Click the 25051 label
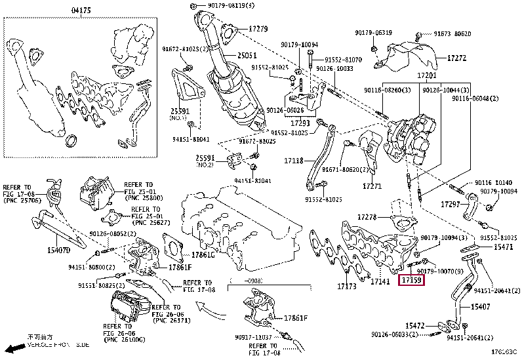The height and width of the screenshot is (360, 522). tap(247, 56)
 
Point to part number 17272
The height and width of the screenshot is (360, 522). tap(456, 58)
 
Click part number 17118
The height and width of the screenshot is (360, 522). tap(293, 160)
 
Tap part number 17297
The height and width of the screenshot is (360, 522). tap(451, 205)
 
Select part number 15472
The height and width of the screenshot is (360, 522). tap(415, 325)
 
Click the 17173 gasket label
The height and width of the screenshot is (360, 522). tap(347, 286)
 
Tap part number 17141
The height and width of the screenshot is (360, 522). tap(380, 282)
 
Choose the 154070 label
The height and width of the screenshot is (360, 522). tap(58, 250)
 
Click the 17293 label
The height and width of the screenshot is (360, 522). tap(300, 123)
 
